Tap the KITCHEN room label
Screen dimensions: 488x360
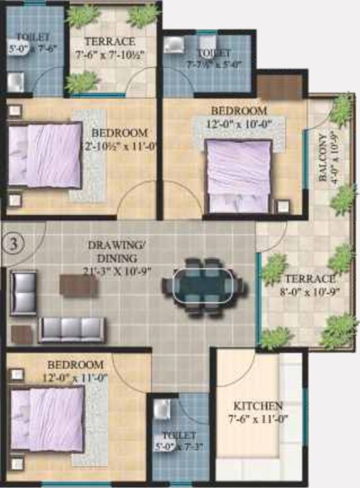[258, 405]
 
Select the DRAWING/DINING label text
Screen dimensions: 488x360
[113, 252]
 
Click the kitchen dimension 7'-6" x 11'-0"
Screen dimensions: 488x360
[258, 419]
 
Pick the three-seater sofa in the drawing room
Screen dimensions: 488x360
[72, 329]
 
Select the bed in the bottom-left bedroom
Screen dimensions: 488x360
[48, 419]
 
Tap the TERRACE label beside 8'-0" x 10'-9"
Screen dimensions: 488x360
[309, 279]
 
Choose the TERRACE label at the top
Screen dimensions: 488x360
[110, 42]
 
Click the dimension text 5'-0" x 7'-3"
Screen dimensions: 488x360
[179, 447]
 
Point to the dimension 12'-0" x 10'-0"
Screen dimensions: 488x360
[243, 125]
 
